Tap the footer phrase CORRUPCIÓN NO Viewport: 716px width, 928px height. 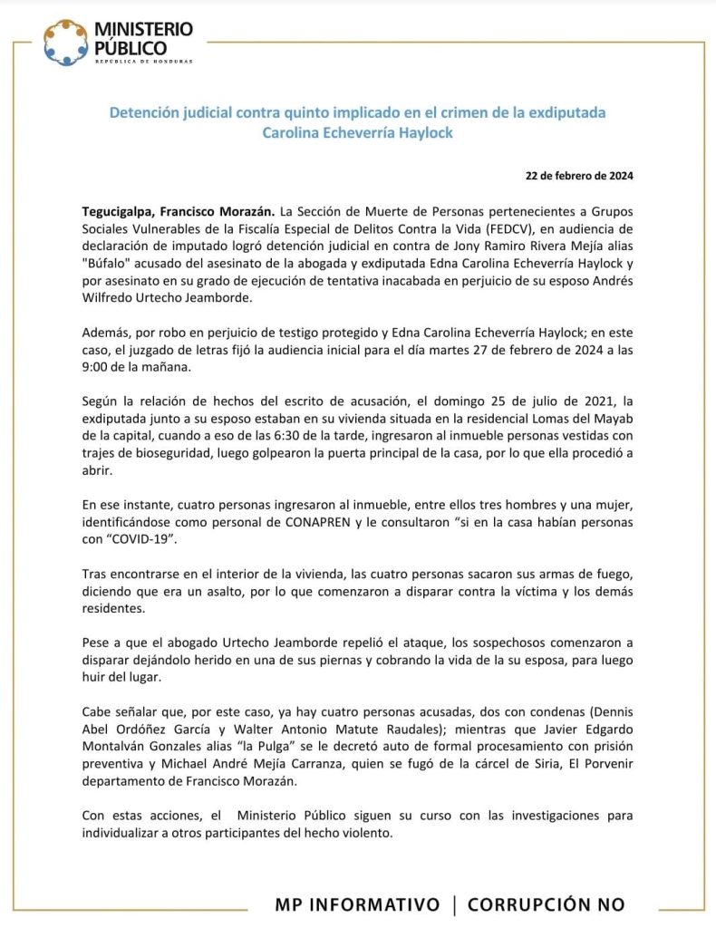547,904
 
